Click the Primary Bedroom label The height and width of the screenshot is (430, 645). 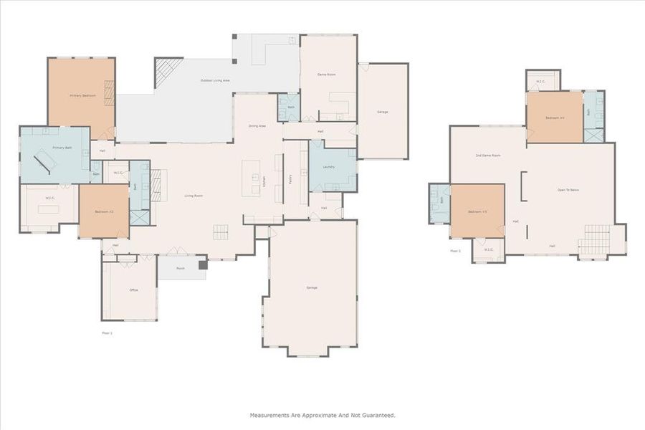click(82, 95)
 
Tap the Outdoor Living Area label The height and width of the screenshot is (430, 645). click(215, 80)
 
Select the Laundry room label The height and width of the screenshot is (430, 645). click(329, 166)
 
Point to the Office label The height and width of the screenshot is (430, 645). click(133, 290)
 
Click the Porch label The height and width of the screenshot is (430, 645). click(180, 269)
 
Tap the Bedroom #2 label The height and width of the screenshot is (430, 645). click(104, 211)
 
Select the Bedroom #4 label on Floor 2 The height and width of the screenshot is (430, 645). click(555, 118)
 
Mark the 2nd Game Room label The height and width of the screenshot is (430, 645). click(487, 156)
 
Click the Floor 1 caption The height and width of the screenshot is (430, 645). click(107, 333)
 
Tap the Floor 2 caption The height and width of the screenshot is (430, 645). click(455, 251)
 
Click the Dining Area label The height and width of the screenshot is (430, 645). click(257, 126)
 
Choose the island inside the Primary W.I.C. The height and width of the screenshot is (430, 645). click(47, 209)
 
